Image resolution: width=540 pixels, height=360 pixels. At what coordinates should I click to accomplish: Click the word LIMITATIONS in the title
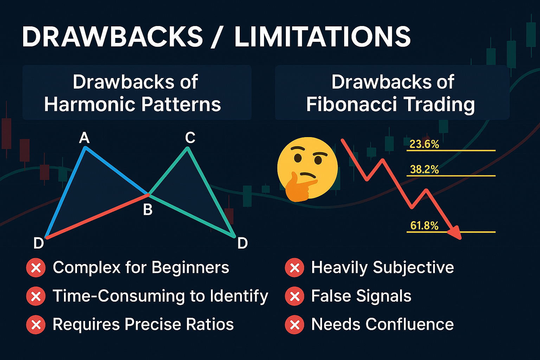click(x=322, y=37)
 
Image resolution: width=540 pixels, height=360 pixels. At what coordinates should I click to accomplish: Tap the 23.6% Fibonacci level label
click(x=424, y=144)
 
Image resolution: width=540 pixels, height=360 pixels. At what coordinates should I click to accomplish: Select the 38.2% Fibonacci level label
click(x=424, y=169)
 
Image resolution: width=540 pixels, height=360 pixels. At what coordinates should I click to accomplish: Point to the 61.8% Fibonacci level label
click(x=424, y=226)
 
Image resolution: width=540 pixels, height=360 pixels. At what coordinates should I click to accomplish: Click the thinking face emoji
click(x=307, y=169)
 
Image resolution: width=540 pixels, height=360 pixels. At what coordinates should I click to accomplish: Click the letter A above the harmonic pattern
click(x=84, y=138)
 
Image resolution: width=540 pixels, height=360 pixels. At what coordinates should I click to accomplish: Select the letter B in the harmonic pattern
click(x=148, y=209)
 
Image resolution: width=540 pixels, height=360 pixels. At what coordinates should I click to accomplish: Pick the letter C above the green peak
click(x=190, y=137)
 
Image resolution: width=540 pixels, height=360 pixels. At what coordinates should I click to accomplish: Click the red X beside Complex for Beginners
click(x=36, y=268)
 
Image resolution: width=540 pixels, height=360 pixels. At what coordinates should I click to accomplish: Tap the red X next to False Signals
click(x=295, y=296)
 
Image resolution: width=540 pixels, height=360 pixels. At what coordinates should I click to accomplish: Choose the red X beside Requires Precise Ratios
click(x=36, y=324)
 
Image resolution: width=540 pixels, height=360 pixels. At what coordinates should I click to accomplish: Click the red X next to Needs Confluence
click(x=295, y=324)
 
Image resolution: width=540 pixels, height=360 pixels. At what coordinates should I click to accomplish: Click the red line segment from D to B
click(x=97, y=216)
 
